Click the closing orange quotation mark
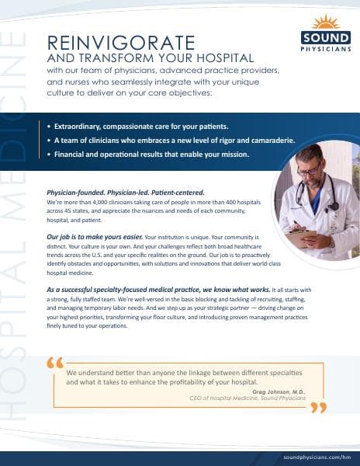coord(317,408)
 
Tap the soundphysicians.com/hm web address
coord(317,457)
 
